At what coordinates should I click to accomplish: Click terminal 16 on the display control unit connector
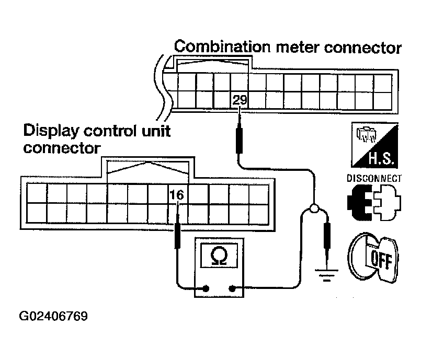pos(177,195)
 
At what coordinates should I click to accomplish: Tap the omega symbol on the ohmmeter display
pos(219,256)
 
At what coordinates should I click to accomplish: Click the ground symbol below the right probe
pos(326,275)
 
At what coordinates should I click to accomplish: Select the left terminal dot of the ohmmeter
pos(206,288)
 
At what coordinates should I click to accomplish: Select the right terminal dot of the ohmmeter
pos(232,288)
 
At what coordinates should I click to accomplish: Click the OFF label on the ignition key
pos(381,260)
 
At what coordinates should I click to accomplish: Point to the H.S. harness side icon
pos(374,145)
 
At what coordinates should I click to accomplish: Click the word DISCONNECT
pos(374,178)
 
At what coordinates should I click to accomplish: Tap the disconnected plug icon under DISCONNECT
pos(374,202)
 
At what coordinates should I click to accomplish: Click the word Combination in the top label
pos(222,47)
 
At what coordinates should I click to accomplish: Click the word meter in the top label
pos(298,48)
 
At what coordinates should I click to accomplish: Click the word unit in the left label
pos(156,131)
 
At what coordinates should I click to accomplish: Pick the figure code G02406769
pos(53,316)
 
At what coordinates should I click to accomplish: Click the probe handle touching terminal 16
pos(177,235)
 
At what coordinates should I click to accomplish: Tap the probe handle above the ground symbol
pos(327,236)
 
